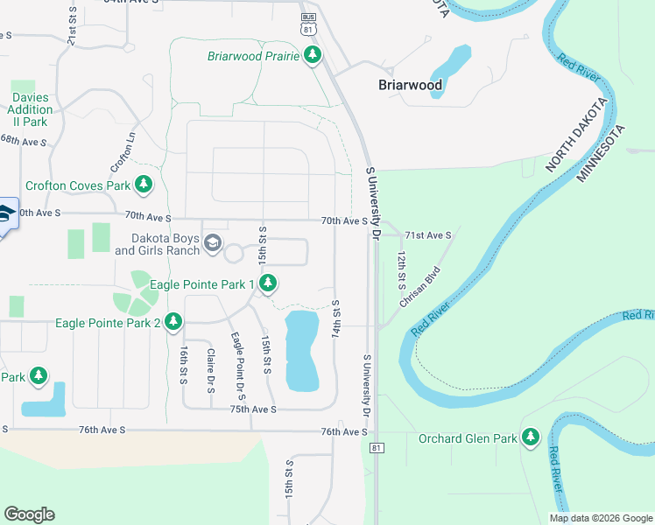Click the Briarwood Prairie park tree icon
[x=313, y=57]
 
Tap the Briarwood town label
[x=410, y=86]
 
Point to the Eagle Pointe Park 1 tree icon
[x=269, y=283]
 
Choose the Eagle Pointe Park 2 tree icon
[x=173, y=323]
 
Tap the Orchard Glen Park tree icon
[x=530, y=437]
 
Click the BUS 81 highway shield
[x=307, y=24]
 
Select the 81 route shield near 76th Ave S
[x=377, y=448]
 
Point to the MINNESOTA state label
[x=601, y=154]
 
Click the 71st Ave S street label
[x=428, y=235]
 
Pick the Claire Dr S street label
[x=210, y=371]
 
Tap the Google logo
[x=29, y=514]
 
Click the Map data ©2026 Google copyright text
[x=601, y=518]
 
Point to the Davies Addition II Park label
[x=30, y=104]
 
